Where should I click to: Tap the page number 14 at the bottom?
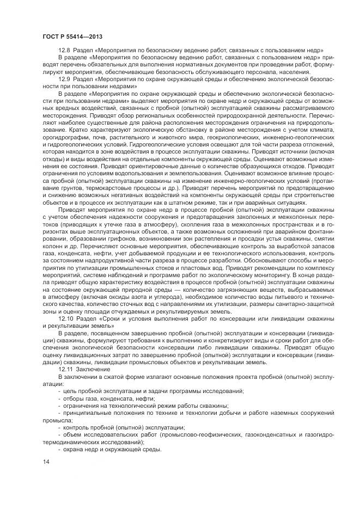[46, 462]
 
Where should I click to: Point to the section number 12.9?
[64, 79]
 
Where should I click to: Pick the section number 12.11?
[66, 369]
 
